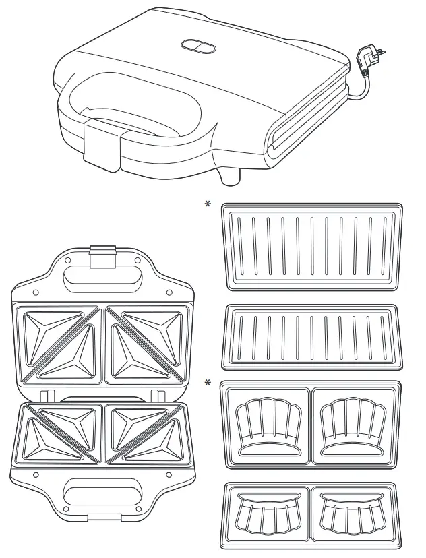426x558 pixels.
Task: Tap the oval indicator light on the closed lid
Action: tap(197, 45)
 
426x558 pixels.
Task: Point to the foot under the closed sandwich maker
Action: tap(231, 174)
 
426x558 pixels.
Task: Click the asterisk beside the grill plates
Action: tap(208, 204)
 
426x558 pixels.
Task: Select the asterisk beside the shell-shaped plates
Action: tap(208, 383)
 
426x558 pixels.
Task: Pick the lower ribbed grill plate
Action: tap(311, 338)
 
